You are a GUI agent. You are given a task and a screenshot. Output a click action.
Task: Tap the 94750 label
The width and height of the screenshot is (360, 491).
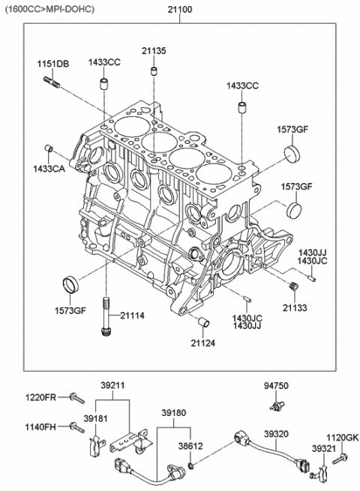click(276, 387)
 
